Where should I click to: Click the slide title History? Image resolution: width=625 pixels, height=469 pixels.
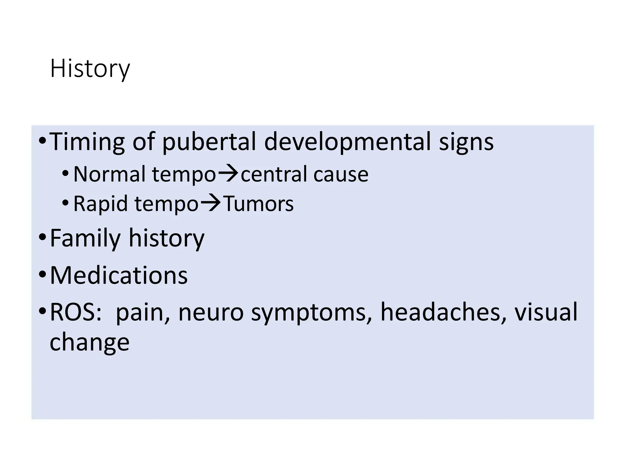(x=90, y=69)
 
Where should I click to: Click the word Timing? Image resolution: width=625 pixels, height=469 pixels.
(x=87, y=142)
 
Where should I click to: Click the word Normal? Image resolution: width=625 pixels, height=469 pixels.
(x=109, y=174)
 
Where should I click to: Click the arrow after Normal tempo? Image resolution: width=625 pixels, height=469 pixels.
(x=228, y=173)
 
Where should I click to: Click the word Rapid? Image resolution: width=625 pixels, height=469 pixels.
(x=100, y=204)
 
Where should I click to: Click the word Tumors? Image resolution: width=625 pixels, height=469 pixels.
(x=258, y=204)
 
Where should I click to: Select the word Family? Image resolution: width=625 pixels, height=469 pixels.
(x=85, y=238)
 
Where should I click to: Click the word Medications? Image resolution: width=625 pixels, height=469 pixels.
(x=119, y=275)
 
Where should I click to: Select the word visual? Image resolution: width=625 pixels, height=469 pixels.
(x=546, y=312)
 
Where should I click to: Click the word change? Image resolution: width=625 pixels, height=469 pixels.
(x=89, y=342)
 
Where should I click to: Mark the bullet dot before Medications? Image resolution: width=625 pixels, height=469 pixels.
(x=42, y=275)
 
